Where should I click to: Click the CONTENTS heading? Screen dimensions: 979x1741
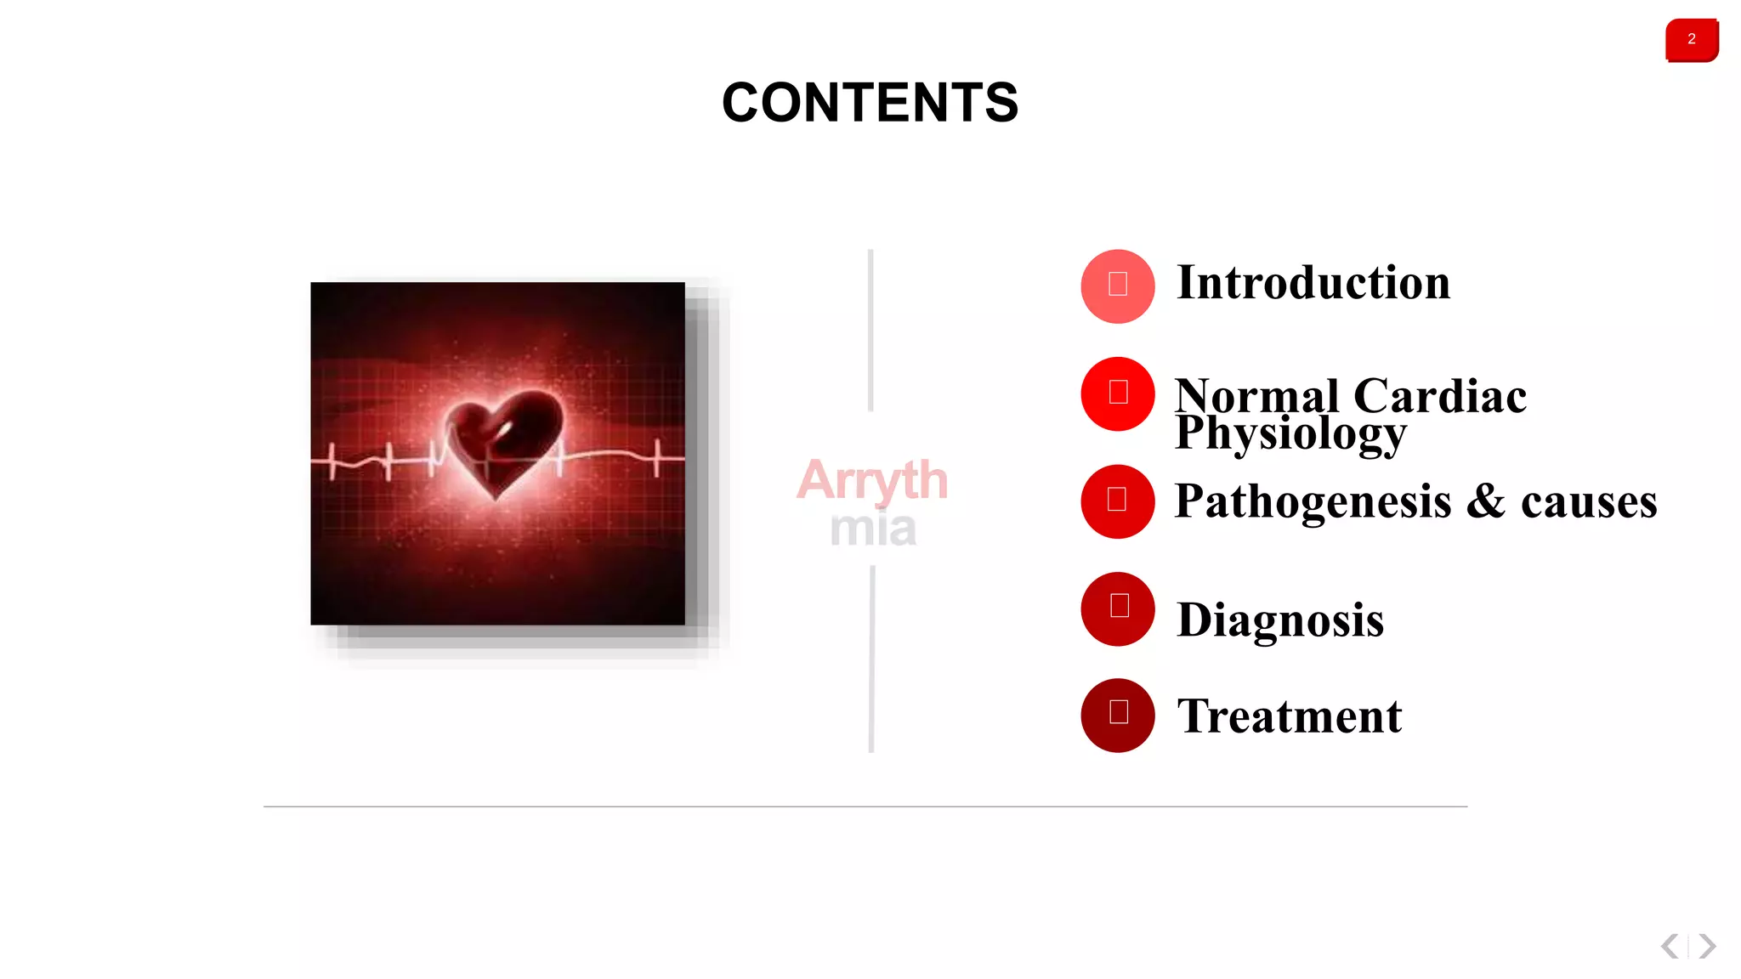[870, 103]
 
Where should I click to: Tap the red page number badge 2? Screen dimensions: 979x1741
[1692, 40]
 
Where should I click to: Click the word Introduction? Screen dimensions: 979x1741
[1313, 283]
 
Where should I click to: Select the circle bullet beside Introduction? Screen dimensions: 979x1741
[1118, 286]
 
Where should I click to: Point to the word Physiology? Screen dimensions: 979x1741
[1290, 433]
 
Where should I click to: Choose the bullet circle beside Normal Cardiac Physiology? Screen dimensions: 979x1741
[1118, 393]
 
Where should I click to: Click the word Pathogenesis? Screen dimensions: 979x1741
[1313, 501]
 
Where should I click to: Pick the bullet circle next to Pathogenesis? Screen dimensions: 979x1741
[1118, 501]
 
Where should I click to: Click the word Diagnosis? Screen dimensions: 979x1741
[1280, 620]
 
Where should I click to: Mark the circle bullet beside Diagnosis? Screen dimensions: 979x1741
[1118, 608]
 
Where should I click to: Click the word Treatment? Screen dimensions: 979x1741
[1290, 716]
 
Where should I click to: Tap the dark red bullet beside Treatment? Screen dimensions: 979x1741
[1118, 715]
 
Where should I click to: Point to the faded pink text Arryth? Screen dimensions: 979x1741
[872, 480]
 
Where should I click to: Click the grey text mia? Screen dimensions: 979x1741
[873, 529]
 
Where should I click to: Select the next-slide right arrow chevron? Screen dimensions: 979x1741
[1707, 946]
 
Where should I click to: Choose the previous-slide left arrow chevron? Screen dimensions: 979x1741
[1670, 946]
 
